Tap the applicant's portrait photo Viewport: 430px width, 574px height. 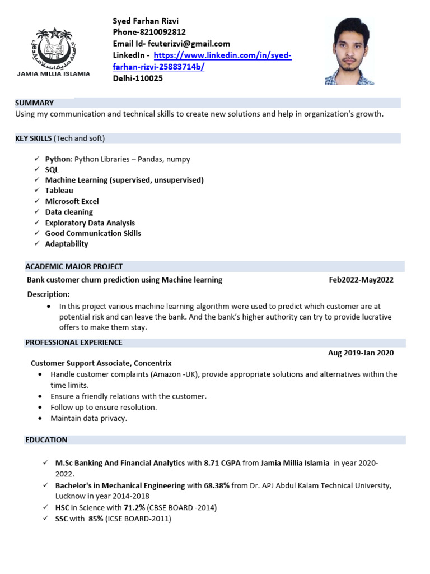click(350, 50)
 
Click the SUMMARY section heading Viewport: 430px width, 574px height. click(34, 103)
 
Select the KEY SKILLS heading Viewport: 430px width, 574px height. click(34, 138)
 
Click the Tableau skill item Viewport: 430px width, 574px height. click(59, 191)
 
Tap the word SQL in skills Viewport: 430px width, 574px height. click(52, 169)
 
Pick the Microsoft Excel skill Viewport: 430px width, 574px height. click(72, 201)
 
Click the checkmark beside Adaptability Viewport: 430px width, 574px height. click(36, 244)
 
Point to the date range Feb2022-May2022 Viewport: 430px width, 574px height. click(361, 280)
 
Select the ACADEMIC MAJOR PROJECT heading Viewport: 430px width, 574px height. click(74, 266)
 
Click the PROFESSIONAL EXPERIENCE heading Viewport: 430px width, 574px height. click(74, 342)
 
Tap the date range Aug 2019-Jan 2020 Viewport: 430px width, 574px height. click(361, 353)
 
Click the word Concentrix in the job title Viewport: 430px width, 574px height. click(152, 363)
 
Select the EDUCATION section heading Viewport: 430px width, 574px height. click(46, 440)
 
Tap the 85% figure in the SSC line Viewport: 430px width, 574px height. click(96, 519)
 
